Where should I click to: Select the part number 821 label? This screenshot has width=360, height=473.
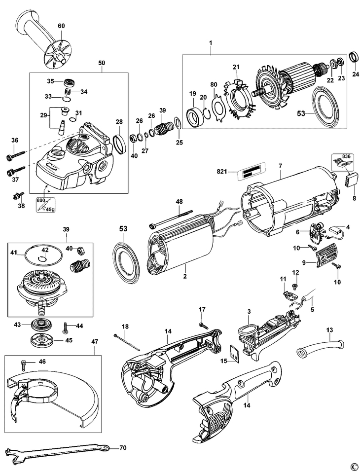click(x=252, y=171)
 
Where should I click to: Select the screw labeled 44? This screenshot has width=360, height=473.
click(x=66, y=326)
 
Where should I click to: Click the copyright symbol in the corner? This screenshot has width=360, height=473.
click(x=353, y=466)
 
